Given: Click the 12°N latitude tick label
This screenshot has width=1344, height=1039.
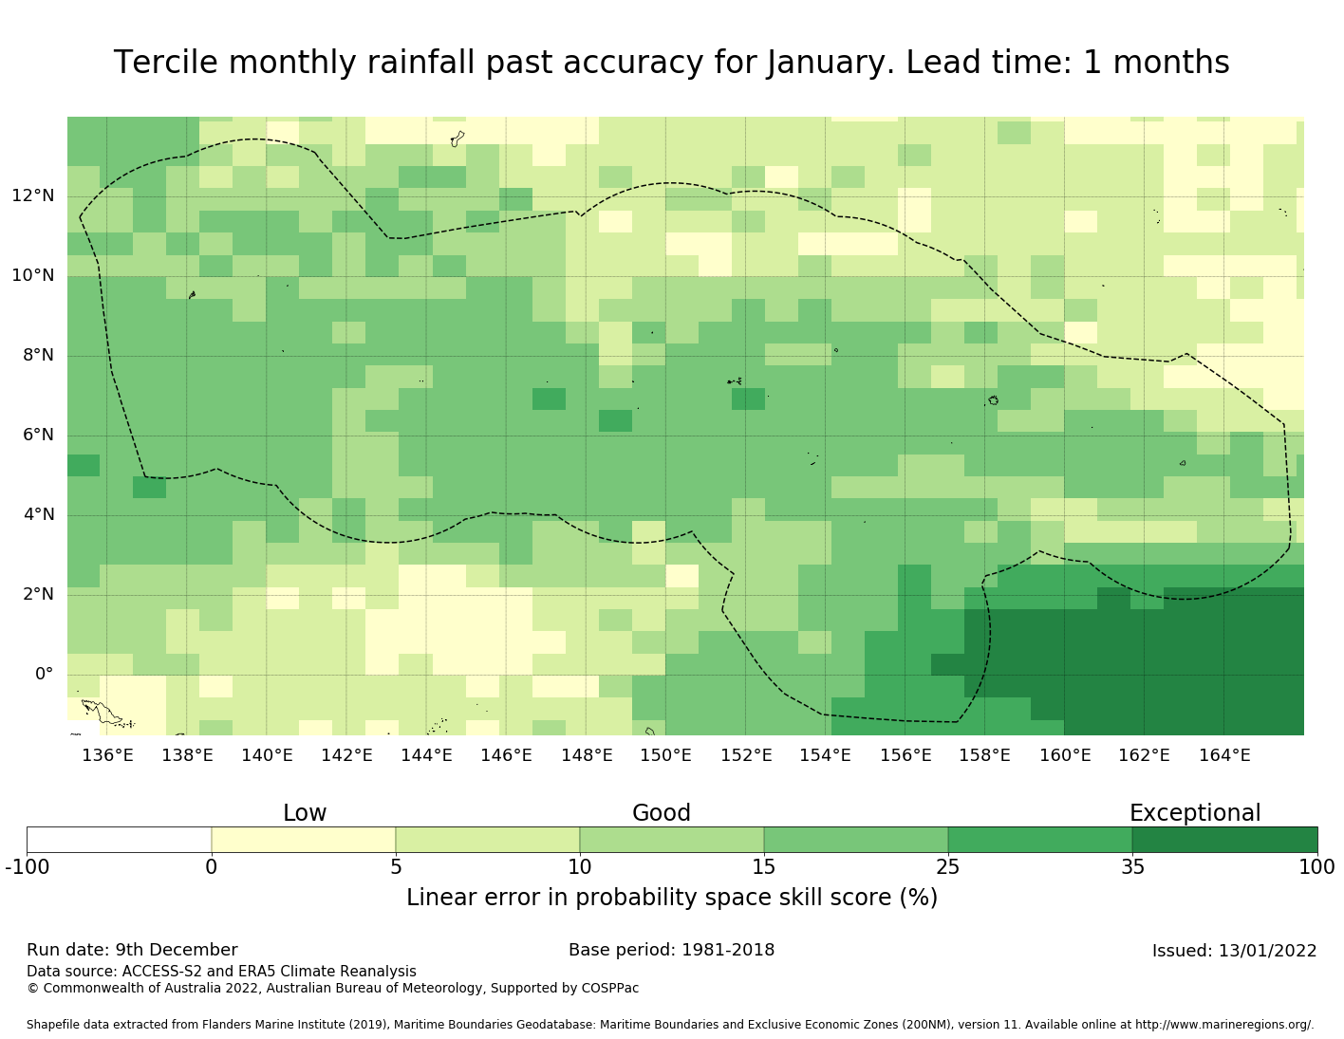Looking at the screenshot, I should tap(33, 196).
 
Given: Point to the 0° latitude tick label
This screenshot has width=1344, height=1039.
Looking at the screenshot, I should tap(44, 675).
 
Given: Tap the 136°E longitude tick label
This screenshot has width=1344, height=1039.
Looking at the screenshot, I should tap(107, 755).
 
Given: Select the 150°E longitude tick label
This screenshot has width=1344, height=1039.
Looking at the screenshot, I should tap(665, 755).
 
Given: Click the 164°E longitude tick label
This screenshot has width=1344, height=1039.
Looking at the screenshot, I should tap(1224, 755).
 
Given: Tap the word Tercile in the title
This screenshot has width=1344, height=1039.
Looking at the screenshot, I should tap(166, 63).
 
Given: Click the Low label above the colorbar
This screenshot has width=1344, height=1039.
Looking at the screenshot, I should tap(305, 813).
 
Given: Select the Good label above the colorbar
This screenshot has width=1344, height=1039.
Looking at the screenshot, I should tap(662, 813).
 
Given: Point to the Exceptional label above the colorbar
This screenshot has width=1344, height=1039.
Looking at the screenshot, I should tap(1195, 813).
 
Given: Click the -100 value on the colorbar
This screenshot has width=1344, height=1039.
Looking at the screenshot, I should tap(27, 866).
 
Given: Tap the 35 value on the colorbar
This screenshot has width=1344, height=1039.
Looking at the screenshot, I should tap(1132, 866).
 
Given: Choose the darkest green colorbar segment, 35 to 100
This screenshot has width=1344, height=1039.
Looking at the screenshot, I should tap(1224, 840).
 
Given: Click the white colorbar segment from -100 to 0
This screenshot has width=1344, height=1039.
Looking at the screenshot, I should tap(119, 840).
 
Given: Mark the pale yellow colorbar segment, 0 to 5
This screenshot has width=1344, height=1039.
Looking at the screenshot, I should tap(303, 840).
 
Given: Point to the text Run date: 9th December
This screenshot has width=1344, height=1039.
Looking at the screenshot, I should tap(132, 950).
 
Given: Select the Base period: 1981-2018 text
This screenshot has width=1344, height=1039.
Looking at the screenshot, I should tap(671, 950).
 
